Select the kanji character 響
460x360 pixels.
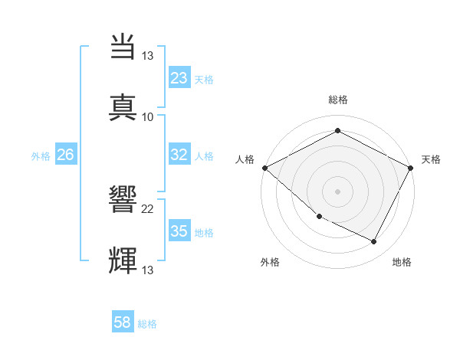124,200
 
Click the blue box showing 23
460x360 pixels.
179,78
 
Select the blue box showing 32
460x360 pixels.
179,155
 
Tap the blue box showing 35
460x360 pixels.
179,231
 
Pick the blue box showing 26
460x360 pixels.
65,155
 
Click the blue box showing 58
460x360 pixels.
123,323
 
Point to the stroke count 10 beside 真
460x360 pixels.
148,117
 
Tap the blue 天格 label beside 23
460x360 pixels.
203,79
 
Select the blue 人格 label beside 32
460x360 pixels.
203,155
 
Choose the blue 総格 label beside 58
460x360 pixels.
147,324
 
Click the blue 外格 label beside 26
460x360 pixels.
41,155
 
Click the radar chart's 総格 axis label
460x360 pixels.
337,100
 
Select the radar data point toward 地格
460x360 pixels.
374,241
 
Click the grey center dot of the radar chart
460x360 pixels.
337,191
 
